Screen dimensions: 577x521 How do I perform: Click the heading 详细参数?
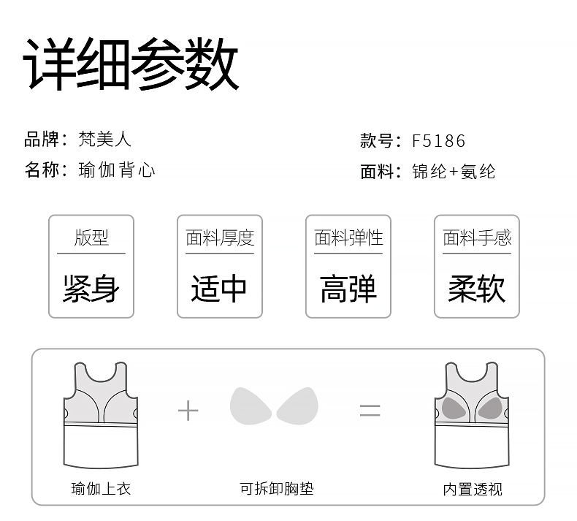(x=132, y=65)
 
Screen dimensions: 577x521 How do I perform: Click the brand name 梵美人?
(x=105, y=139)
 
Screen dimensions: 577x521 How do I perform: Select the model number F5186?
(x=438, y=140)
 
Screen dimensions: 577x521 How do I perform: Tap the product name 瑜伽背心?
(x=117, y=170)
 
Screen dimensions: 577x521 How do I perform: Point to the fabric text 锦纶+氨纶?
(x=454, y=172)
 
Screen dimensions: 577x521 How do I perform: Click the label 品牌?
(x=42, y=139)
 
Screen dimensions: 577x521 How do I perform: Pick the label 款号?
(x=376, y=140)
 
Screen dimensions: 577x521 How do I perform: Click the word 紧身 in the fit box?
(x=91, y=289)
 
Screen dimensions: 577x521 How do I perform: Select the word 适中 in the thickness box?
(x=219, y=289)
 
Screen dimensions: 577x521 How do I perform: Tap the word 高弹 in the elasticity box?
(x=348, y=289)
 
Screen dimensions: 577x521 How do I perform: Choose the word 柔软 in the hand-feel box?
(x=476, y=289)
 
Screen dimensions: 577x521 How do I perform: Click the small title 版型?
(x=91, y=237)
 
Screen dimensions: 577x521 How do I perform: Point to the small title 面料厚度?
(x=219, y=237)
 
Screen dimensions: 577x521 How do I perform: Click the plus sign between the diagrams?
(x=188, y=411)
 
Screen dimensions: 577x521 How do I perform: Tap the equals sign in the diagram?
(x=370, y=411)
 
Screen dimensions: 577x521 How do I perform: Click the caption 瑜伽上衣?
(x=101, y=488)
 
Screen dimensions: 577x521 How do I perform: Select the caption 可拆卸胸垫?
(x=277, y=488)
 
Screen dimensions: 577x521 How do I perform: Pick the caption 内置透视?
(x=473, y=488)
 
